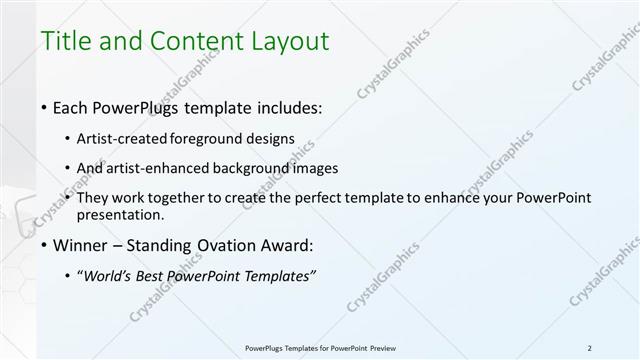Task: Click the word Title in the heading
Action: (63, 42)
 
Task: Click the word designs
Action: (272, 139)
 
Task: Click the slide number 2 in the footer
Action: (590, 347)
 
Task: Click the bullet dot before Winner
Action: (43, 245)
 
